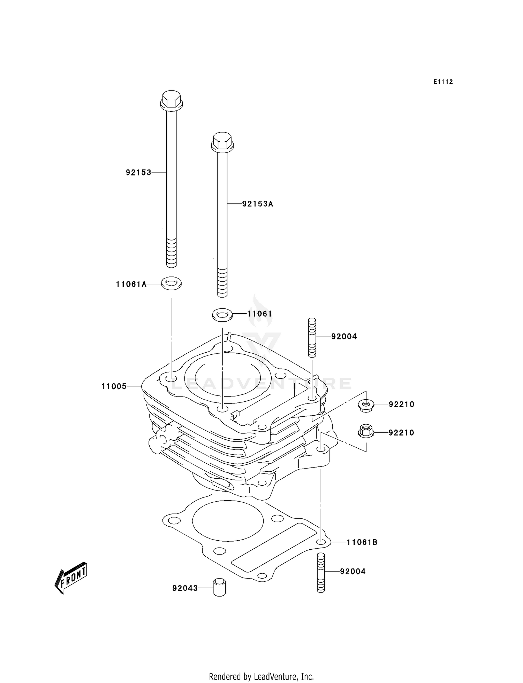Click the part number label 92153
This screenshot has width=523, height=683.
(138, 172)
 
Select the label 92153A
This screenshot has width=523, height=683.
(258, 204)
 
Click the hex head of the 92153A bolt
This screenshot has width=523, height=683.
(222, 141)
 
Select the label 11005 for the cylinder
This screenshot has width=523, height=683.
(114, 386)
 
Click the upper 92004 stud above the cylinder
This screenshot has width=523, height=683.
(312, 337)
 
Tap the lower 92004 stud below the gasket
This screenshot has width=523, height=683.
(321, 572)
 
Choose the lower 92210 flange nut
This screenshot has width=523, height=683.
(366, 432)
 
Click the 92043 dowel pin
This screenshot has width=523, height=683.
(219, 587)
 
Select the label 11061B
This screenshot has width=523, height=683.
(362, 542)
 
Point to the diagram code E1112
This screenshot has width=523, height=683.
(443, 82)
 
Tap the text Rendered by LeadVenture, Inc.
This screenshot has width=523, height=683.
(261, 676)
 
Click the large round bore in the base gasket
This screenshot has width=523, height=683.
(227, 521)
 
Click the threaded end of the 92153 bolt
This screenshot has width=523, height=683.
(171, 252)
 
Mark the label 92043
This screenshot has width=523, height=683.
(185, 588)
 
